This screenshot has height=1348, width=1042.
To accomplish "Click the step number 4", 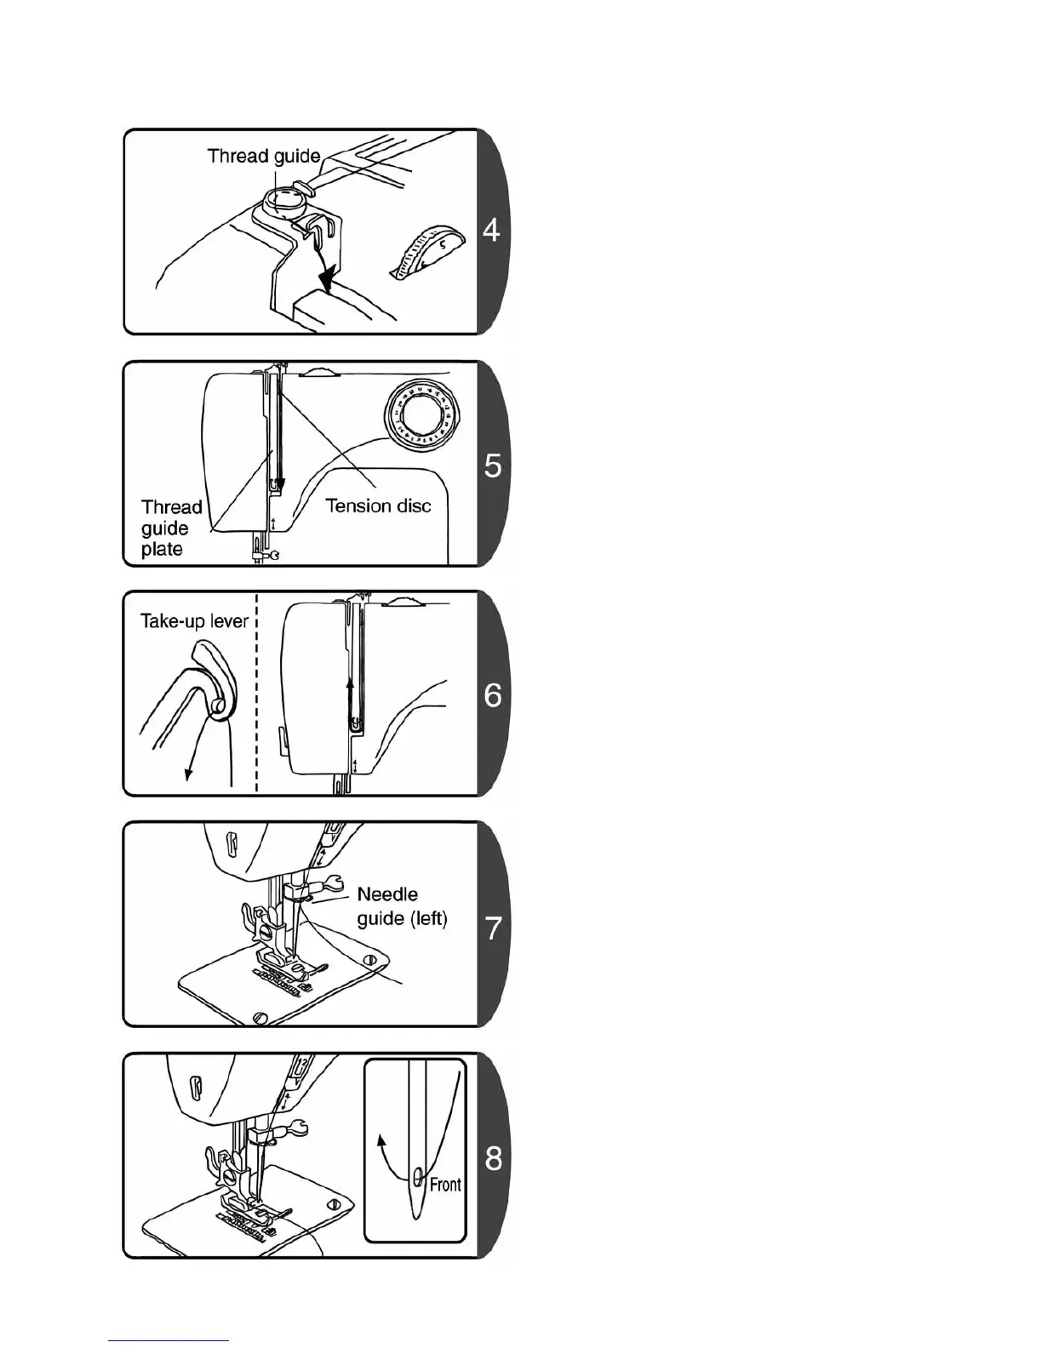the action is point(491,230).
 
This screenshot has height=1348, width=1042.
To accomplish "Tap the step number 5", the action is point(492,466).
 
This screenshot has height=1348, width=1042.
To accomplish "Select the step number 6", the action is point(493,695).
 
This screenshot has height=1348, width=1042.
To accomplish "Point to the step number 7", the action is point(493,928).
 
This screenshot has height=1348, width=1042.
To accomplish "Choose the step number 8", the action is point(493,1158).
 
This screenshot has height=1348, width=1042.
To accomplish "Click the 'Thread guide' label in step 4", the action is point(264,156).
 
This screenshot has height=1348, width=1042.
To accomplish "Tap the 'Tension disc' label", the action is point(378,506).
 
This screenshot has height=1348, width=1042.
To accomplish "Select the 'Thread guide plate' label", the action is point(170,528).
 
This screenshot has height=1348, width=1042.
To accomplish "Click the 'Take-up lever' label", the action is point(194,620).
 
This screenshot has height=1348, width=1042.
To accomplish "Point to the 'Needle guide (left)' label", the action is point(402,906).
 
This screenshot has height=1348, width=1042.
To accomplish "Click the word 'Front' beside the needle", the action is point(445,1185).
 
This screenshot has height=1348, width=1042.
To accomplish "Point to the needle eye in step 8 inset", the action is point(418,1177).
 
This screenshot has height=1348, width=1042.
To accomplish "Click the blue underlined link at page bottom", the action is point(169,1340).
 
